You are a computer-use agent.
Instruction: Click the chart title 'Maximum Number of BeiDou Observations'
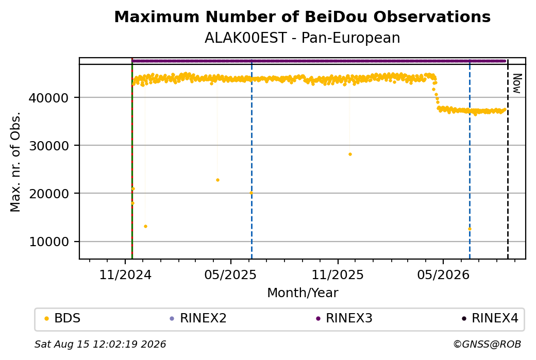(302, 16)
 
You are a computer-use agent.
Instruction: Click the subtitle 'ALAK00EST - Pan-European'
(302, 38)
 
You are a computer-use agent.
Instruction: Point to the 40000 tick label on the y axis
(49, 98)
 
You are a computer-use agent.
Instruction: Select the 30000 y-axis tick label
(49, 146)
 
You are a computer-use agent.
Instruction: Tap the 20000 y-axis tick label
(49, 194)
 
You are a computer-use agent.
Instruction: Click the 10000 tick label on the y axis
(49, 242)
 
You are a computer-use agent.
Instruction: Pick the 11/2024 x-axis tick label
(125, 275)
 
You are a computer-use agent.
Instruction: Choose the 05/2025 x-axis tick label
(230, 275)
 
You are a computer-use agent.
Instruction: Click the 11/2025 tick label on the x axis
(338, 275)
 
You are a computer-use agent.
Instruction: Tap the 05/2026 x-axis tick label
(443, 275)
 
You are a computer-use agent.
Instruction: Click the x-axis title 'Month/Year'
(303, 293)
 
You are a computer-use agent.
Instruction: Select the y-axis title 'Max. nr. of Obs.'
(15, 162)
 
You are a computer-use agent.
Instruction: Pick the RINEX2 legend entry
(198, 318)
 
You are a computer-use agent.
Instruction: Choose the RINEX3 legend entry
(344, 318)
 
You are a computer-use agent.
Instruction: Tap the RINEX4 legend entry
(490, 318)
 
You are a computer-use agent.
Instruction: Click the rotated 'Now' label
(517, 83)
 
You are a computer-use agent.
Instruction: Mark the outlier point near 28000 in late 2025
(350, 155)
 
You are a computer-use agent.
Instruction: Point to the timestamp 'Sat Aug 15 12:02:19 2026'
(100, 344)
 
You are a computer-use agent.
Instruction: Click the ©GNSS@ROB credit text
(487, 344)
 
